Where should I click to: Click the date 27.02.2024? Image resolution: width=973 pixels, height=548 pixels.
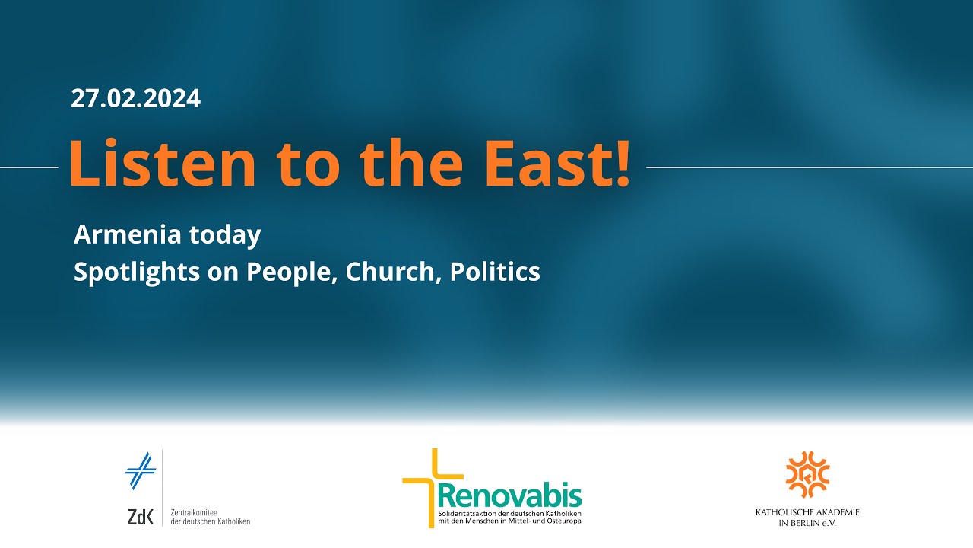pos(135,98)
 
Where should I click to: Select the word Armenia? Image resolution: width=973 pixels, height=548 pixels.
pos(127,235)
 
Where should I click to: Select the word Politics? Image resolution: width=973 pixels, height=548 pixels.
pos(495,272)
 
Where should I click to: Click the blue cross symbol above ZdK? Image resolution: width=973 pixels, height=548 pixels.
pos(141,471)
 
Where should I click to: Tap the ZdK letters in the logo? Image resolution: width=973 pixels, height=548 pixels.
pos(141,517)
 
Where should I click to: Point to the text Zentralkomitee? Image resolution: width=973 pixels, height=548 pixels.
pos(194,513)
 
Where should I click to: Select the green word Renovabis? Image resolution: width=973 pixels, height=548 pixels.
pos(510,495)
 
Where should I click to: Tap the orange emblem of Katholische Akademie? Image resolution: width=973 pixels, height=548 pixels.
pos(807,474)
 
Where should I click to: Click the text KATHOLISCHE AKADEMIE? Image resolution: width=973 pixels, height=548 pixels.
pos(807,512)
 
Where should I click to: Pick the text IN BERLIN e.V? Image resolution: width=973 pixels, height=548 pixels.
pos(807,523)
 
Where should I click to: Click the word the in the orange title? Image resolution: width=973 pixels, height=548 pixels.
pos(411,164)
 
